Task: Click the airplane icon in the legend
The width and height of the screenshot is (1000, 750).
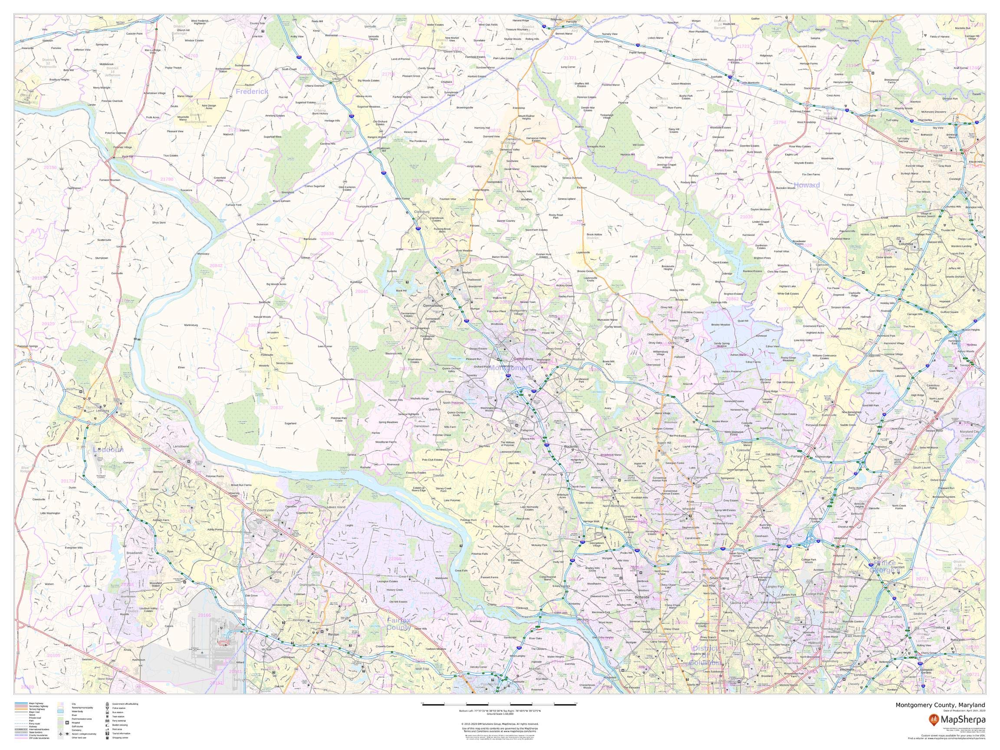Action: pos(61,734)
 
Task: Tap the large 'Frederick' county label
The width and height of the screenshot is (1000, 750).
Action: pos(252,91)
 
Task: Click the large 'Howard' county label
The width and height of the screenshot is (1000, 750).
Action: pos(806,185)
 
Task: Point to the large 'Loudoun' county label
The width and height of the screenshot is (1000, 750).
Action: pos(108,450)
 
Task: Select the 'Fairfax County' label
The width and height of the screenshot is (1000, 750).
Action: pos(398,624)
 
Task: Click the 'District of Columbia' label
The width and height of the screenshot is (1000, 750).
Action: pos(705,655)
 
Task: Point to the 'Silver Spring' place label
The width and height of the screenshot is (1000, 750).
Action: pos(720,578)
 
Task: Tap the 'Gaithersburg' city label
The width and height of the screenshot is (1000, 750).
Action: pos(523,359)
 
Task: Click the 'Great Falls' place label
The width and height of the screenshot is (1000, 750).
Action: pos(406,577)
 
